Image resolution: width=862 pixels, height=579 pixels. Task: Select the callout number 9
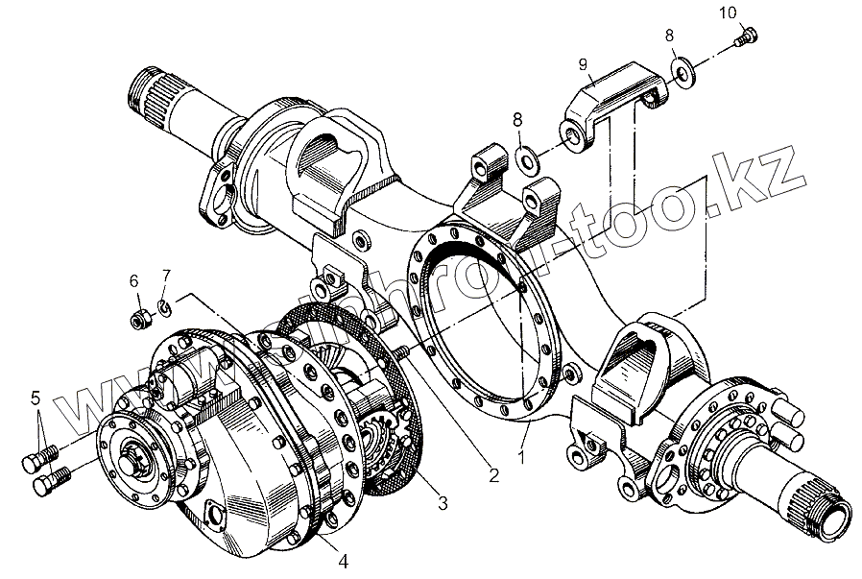coord(581,64)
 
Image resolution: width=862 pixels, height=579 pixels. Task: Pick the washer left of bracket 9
coord(526,156)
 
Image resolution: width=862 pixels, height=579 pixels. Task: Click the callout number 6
coord(134,280)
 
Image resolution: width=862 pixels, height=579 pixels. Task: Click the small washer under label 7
coord(164,306)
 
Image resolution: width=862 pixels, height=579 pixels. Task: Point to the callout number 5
coord(36,397)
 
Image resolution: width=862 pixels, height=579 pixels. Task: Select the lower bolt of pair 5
coord(54,477)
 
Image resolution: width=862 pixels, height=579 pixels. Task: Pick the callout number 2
coord(492,473)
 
